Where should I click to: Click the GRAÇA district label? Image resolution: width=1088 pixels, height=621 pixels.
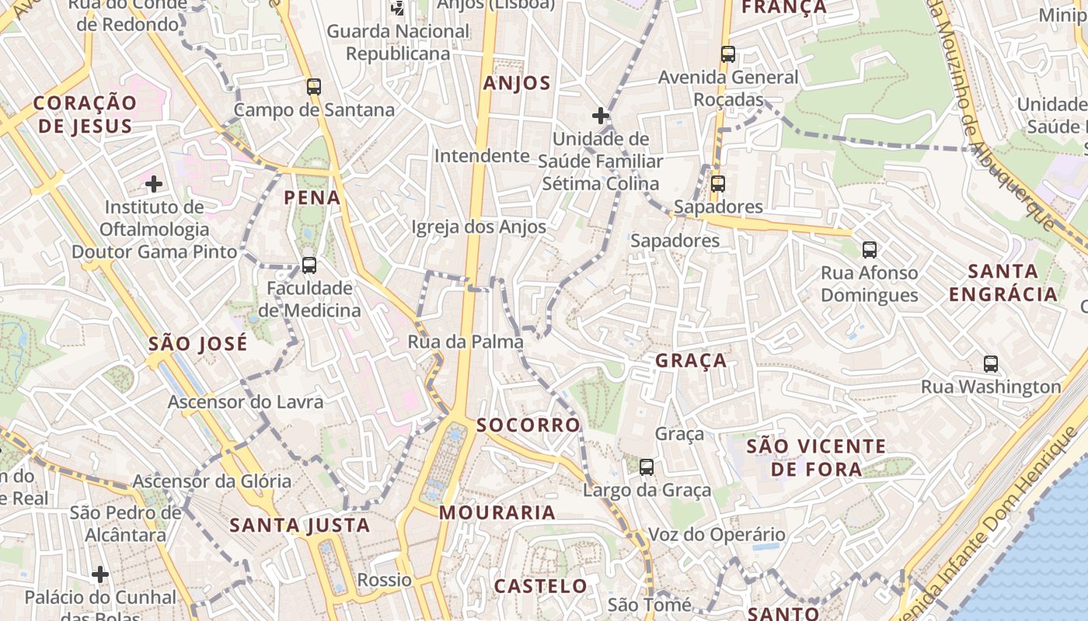pyautogui.click(x=691, y=361)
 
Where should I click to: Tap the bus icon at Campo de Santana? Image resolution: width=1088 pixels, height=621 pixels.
pyautogui.click(x=314, y=87)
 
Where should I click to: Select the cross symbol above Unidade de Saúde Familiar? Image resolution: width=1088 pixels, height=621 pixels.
pyautogui.click(x=600, y=116)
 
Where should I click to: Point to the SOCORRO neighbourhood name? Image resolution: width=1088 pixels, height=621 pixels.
pyautogui.click(x=528, y=425)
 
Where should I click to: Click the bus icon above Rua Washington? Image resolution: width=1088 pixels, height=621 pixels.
pyautogui.click(x=991, y=363)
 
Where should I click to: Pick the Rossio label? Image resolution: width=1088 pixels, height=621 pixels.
pyautogui.click(x=384, y=580)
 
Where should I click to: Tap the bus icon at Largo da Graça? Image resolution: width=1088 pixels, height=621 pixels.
pyautogui.click(x=647, y=467)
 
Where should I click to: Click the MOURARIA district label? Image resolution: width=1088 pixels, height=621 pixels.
pyautogui.click(x=497, y=513)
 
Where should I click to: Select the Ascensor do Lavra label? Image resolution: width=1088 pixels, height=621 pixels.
pyautogui.click(x=246, y=402)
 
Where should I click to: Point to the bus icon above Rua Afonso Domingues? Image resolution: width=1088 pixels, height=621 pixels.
pyautogui.click(x=870, y=250)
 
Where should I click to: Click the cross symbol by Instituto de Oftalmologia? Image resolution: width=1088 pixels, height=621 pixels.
pyautogui.click(x=154, y=184)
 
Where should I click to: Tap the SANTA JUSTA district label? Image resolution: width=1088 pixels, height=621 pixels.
pyautogui.click(x=300, y=526)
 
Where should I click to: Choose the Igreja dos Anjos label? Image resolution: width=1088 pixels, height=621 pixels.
pyautogui.click(x=479, y=227)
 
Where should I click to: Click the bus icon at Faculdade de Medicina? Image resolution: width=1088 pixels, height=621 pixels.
pyautogui.click(x=309, y=265)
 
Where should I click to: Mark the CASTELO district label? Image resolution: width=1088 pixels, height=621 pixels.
pyautogui.click(x=541, y=586)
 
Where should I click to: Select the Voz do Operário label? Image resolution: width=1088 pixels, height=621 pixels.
pyautogui.click(x=717, y=535)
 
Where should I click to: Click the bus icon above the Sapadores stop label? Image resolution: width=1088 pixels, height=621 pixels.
pyautogui.click(x=718, y=184)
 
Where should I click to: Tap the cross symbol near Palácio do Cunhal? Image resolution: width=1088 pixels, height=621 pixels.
pyautogui.click(x=99, y=574)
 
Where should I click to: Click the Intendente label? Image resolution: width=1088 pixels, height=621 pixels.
pyautogui.click(x=482, y=156)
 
